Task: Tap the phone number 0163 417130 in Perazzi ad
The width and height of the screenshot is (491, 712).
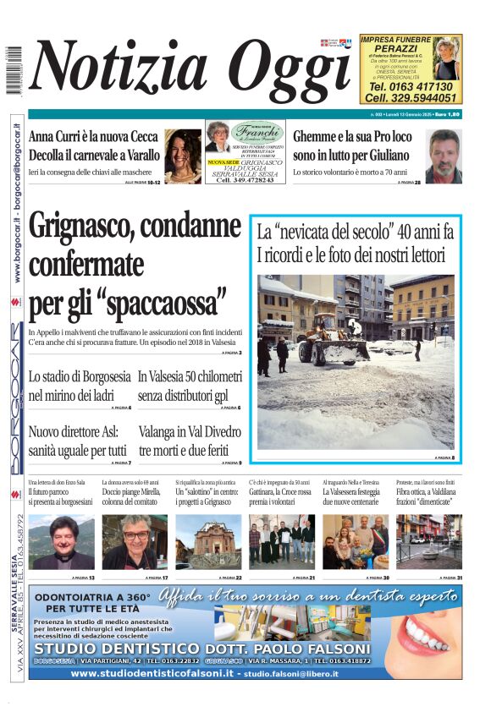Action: (411, 86)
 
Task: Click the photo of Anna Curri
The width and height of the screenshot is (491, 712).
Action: (183, 156)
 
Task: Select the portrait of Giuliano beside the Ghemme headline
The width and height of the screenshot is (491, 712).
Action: (444, 156)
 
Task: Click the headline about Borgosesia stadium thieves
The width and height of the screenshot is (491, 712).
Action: (80, 384)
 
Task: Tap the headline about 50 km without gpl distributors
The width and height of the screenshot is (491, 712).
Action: (190, 384)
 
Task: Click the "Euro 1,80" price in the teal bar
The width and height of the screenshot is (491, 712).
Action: (448, 113)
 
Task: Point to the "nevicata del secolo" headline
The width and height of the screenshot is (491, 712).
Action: (356, 240)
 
